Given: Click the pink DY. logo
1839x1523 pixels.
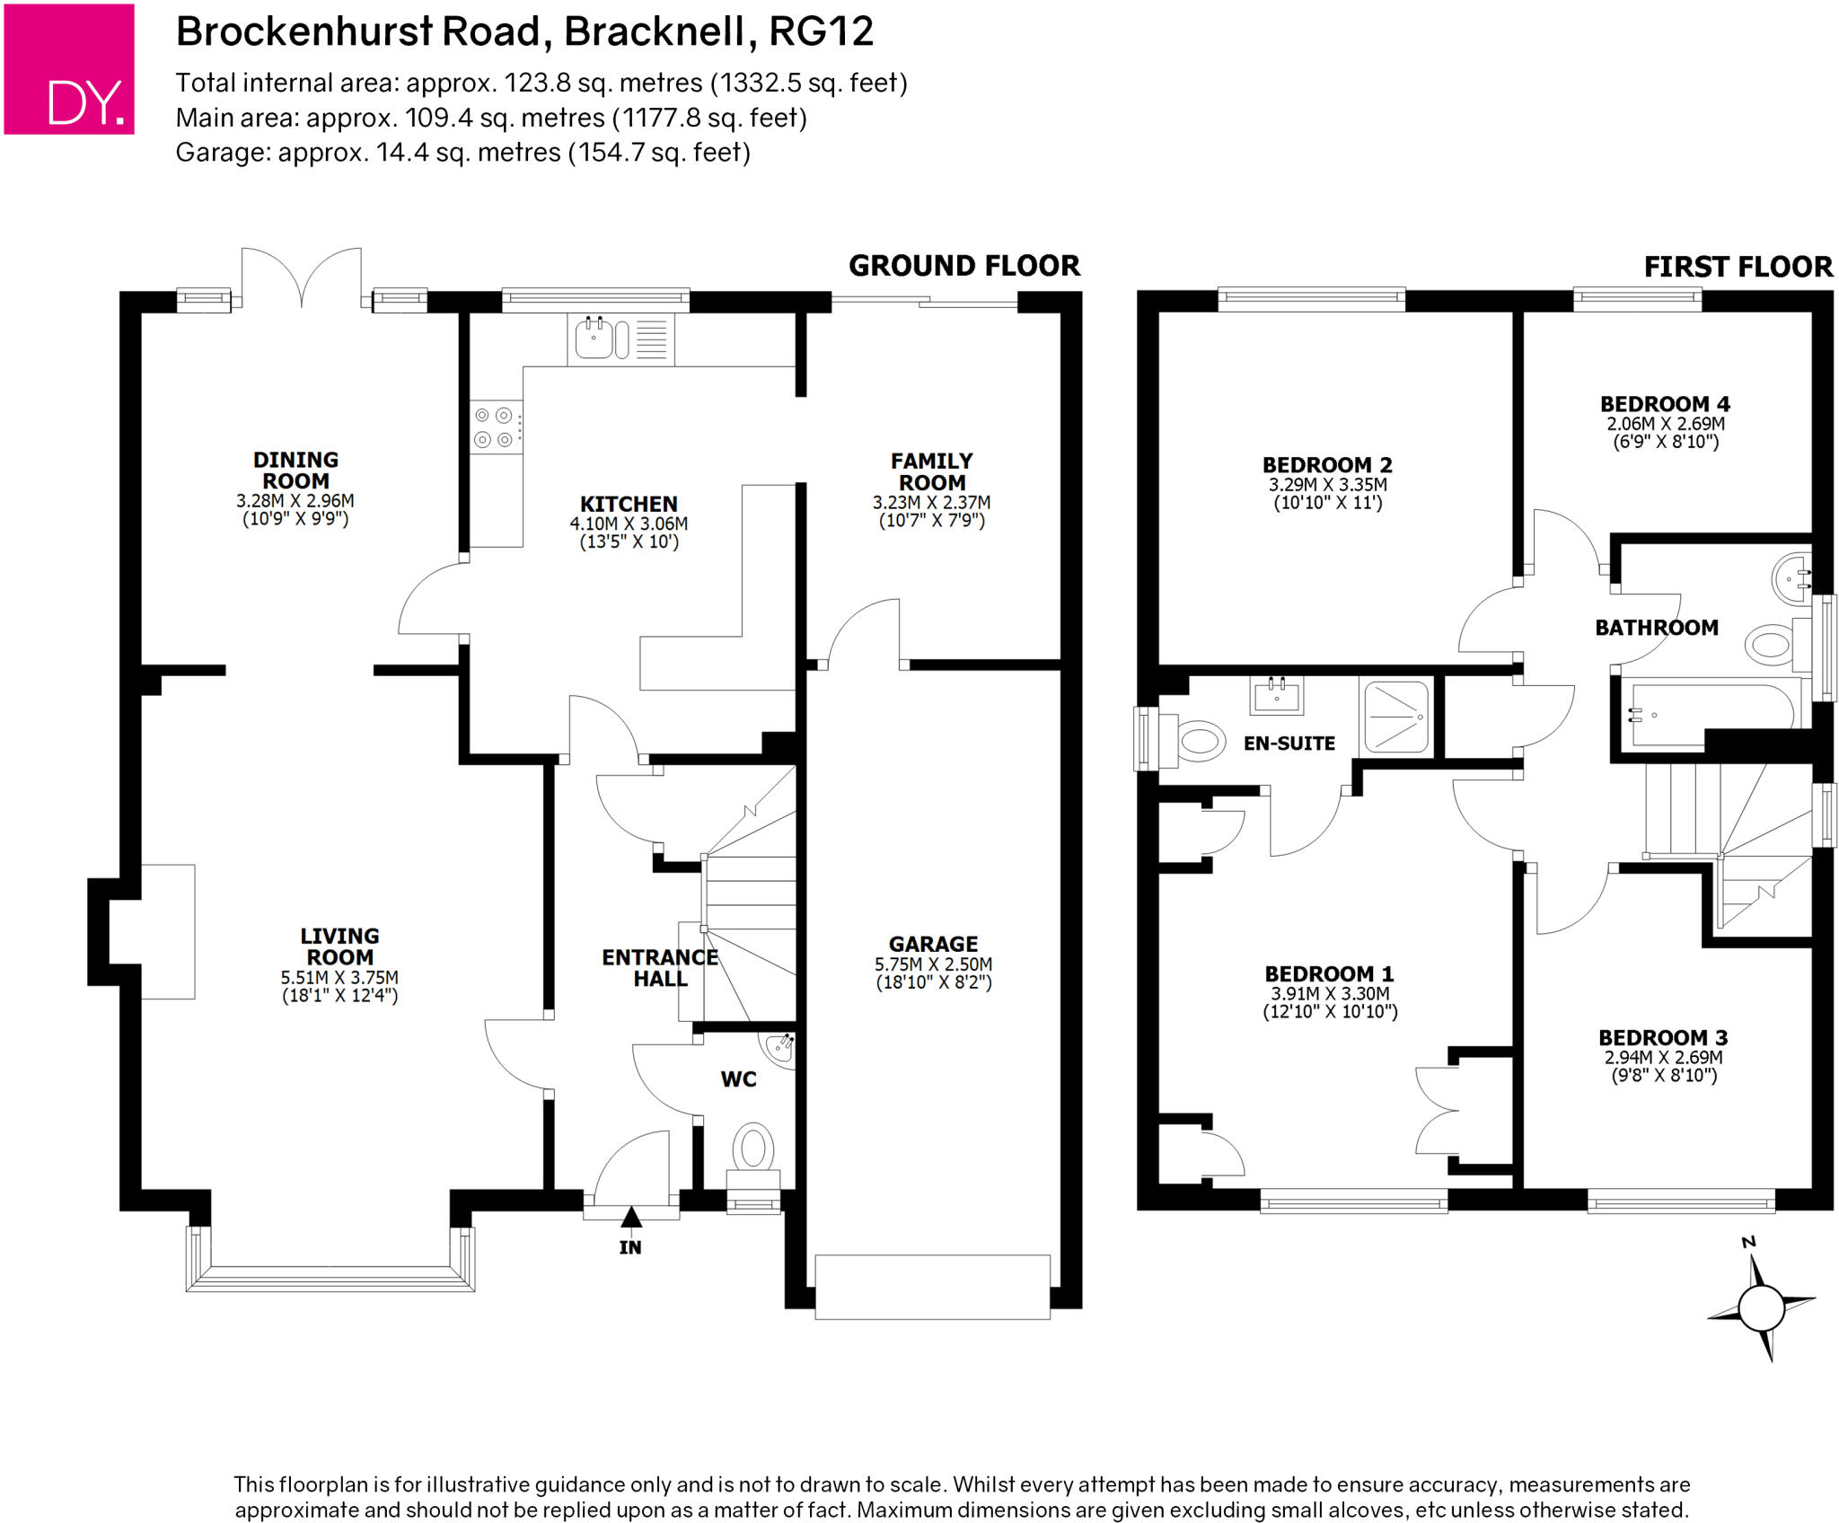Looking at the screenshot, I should pos(69,69).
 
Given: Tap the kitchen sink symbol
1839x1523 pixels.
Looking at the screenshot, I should pos(594,339).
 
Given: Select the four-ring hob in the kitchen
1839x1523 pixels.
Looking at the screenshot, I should pos(495,427).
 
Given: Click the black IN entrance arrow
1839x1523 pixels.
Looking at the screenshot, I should pos(631,1218).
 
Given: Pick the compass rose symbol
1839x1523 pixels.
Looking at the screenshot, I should pos(1761,1307).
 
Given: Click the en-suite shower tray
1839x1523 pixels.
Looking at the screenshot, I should pos(1395,717).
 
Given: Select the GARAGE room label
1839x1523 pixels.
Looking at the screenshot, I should pos(933,944).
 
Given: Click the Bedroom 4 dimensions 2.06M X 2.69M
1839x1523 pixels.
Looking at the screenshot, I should pos(1665,424).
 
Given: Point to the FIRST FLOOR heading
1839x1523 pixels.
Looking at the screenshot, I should pos(1738,267).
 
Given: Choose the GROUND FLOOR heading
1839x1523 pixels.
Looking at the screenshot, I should pos(963,266).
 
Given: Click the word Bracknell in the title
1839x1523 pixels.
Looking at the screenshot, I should pos(654,32).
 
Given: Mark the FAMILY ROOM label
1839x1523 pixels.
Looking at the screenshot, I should pos(931,471).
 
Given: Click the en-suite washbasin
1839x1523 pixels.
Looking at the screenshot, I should pos(1276,695).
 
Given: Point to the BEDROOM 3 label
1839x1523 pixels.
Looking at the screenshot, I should pos(1663,1037).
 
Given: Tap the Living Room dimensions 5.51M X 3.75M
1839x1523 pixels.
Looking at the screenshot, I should pos(339,977).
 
